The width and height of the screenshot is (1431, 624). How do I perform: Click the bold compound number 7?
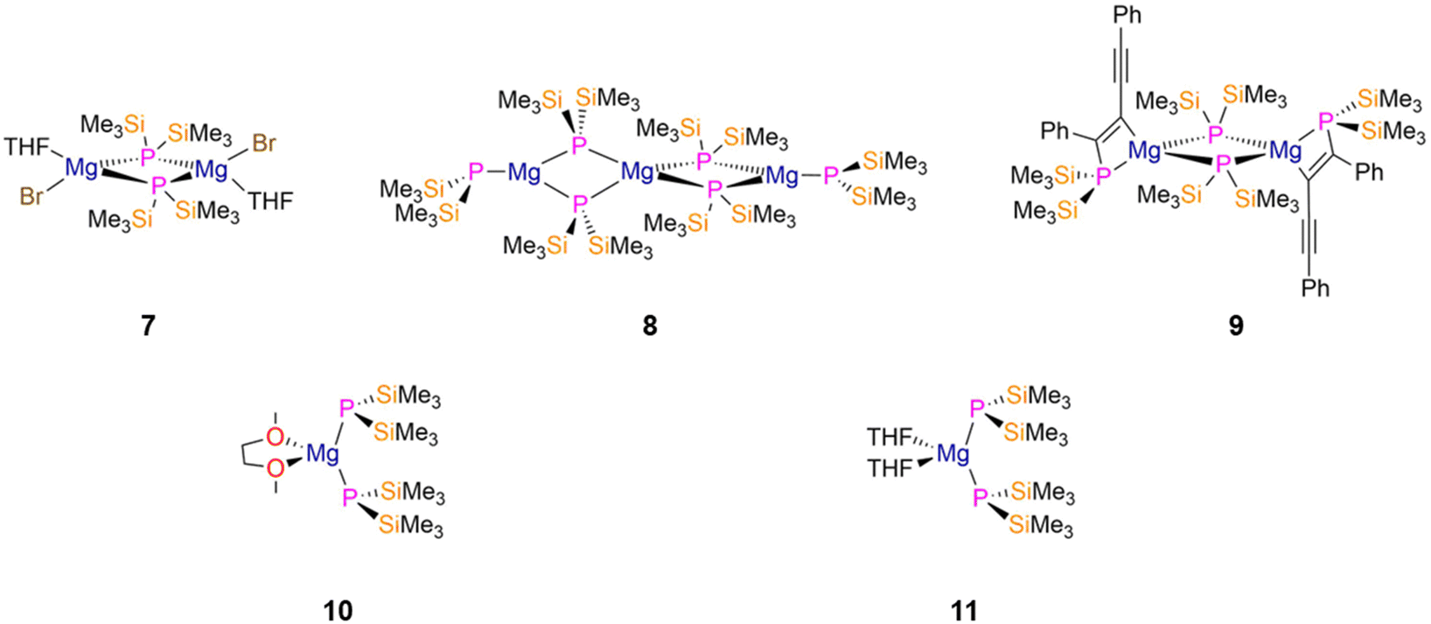(x=148, y=326)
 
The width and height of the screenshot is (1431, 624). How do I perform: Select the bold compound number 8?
(x=650, y=326)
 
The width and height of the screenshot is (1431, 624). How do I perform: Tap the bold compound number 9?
(x=1236, y=326)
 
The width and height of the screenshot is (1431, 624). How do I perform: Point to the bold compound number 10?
(x=338, y=611)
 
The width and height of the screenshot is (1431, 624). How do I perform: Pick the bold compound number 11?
(x=964, y=611)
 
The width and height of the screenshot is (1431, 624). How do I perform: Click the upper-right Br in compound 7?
(x=264, y=144)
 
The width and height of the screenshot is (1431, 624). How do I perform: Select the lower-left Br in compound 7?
(x=32, y=197)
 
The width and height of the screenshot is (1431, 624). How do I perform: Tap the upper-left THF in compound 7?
(x=28, y=147)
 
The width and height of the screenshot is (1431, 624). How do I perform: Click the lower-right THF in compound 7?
(x=270, y=201)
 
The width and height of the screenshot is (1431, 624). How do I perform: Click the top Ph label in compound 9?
(x=1127, y=15)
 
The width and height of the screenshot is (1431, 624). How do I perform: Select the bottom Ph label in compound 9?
(x=1316, y=288)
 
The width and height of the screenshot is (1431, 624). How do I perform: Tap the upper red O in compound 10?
(x=276, y=438)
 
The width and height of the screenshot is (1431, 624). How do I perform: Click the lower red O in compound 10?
(x=276, y=469)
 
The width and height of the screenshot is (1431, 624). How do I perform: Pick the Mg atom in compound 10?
(x=323, y=454)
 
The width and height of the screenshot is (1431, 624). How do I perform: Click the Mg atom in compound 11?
(x=953, y=454)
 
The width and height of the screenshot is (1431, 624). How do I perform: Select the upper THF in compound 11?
(x=890, y=438)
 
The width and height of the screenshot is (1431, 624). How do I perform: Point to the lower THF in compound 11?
(x=890, y=468)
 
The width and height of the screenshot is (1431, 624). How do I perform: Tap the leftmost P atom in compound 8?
(x=475, y=172)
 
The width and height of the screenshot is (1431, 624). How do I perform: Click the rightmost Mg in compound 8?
(x=782, y=175)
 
